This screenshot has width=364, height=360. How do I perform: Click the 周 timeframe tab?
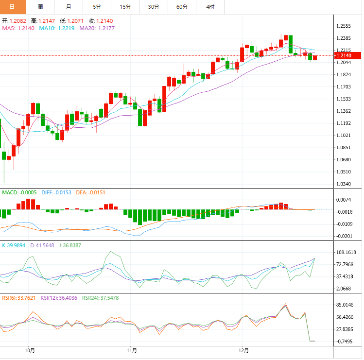click(40, 7)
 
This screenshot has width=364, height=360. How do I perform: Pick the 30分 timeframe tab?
click(154, 7)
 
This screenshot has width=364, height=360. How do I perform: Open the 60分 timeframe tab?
click(182, 7)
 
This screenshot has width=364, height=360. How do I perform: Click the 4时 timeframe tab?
click(210, 7)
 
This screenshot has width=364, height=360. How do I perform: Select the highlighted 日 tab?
click(12, 7)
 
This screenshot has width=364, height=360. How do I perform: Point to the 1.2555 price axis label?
click(343, 26)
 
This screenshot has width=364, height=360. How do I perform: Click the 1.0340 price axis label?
click(343, 184)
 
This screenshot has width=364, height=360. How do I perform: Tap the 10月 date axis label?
click(30, 350)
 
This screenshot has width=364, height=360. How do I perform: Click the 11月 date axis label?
click(131, 350)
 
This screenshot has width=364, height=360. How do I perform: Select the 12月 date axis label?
click(244, 350)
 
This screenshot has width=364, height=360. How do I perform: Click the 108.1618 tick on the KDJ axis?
click(346, 253)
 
